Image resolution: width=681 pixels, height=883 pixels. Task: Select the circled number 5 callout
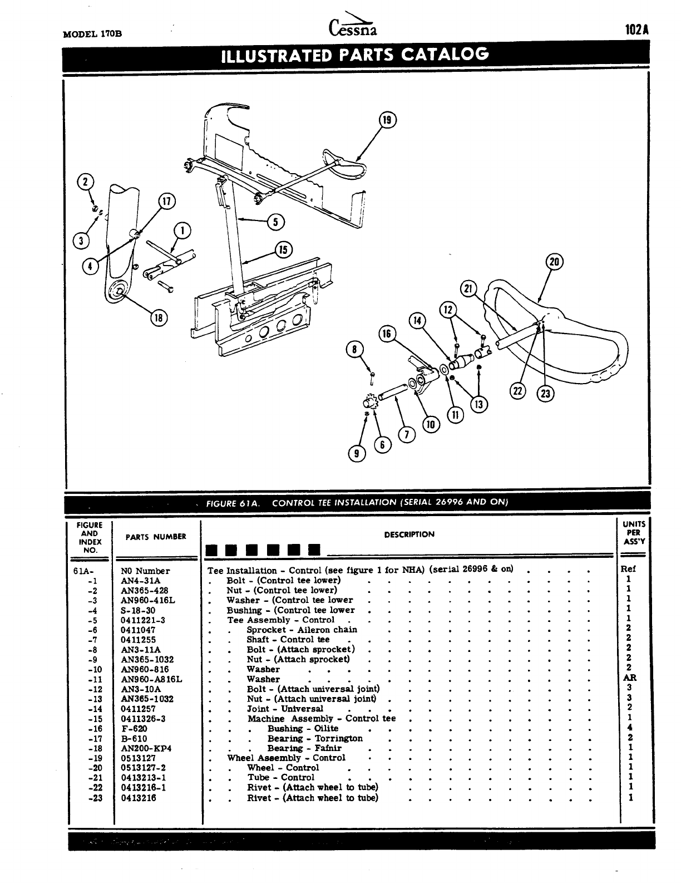click(x=275, y=222)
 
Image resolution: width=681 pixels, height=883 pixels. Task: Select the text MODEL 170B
click(x=93, y=33)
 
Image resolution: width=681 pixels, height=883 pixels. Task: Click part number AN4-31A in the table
click(x=140, y=581)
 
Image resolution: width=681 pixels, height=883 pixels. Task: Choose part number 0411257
click(x=139, y=709)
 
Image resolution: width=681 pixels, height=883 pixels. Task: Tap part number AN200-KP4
click(x=146, y=748)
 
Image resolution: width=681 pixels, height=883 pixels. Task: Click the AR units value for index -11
click(x=629, y=678)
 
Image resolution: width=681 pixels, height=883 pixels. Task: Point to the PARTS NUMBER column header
click(x=156, y=537)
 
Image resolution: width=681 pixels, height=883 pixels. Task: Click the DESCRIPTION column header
click(x=409, y=534)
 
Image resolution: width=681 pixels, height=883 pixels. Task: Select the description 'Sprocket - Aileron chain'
click(x=302, y=630)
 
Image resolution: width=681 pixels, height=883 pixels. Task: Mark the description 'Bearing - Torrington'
click(x=315, y=738)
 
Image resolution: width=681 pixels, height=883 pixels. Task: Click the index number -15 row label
click(x=96, y=719)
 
